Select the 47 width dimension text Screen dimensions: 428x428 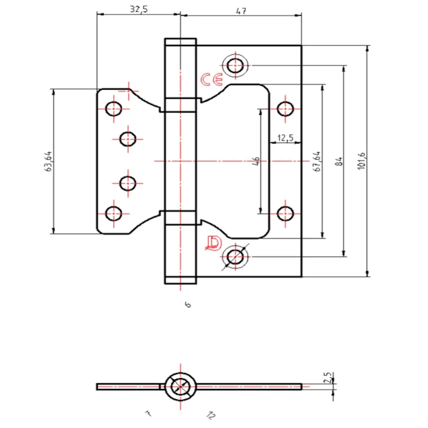[241, 11]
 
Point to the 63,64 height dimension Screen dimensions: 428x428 [49, 161]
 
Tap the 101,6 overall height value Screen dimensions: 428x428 [362, 161]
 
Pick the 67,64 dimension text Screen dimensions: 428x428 [316, 161]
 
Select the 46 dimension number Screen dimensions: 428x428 [256, 161]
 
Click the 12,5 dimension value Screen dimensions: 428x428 [285, 138]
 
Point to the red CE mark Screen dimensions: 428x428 [212, 80]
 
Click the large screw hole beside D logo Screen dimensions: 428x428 [235, 257]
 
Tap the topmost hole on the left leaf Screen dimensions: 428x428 [114, 108]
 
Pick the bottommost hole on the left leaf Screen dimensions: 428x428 [114, 213]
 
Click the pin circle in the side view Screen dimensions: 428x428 [180, 386]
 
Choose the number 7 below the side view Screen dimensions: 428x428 [148, 413]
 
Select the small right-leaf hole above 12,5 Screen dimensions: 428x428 [285, 108]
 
